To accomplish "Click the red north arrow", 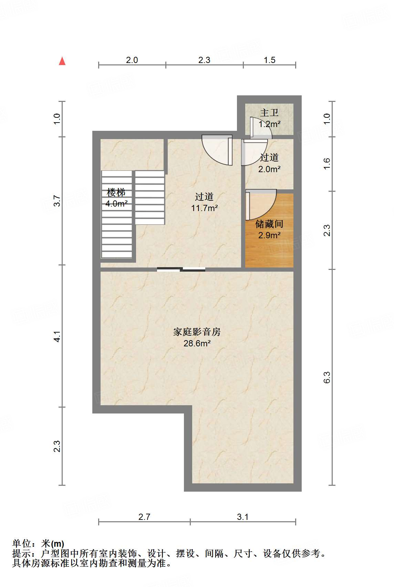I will click(x=62, y=61).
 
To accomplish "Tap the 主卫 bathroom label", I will click(x=269, y=113).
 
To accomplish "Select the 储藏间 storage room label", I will click(x=269, y=224).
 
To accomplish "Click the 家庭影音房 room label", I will click(x=197, y=332).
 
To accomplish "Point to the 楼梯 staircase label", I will click(x=116, y=192).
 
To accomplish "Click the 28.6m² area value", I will click(x=197, y=343).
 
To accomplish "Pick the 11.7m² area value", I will click(x=204, y=208).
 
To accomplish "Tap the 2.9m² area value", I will click(x=269, y=235).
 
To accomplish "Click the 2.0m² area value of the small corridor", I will click(x=269, y=169).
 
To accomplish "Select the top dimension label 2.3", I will click(x=204, y=60).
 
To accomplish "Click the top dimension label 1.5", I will click(x=269, y=60).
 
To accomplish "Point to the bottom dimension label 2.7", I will click(x=144, y=517).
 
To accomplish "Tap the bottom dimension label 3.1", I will click(x=242, y=517).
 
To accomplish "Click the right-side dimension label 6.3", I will click(x=327, y=377).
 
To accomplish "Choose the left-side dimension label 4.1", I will click(x=57, y=336).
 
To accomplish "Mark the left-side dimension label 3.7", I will click(x=57, y=201).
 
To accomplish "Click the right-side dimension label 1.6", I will click(x=327, y=164).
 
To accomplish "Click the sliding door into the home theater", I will click(x=181, y=270).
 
